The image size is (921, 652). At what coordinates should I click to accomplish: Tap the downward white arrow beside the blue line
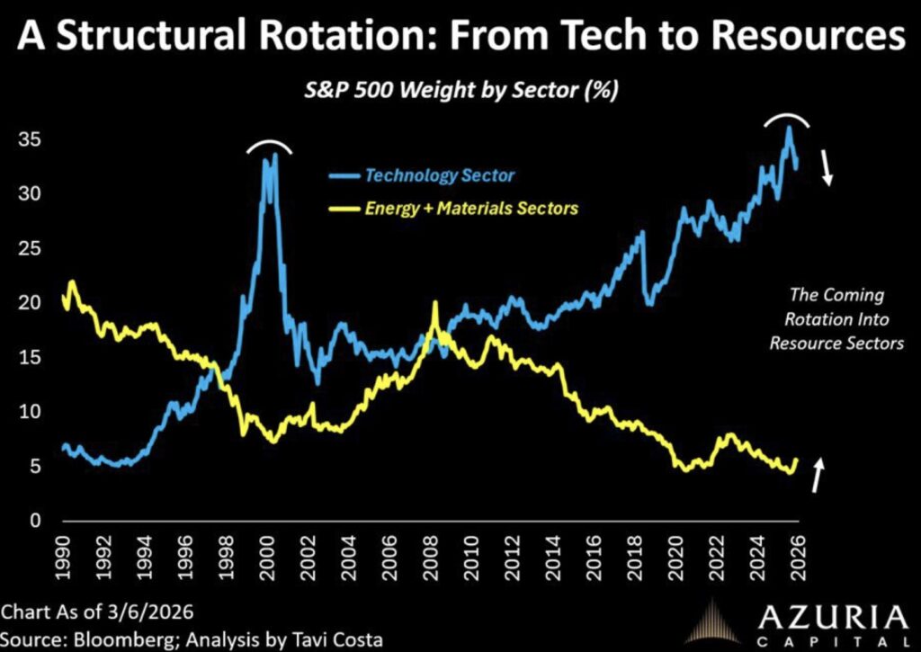[x=827, y=168]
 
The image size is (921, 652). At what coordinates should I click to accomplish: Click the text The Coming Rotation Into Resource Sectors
[x=836, y=319]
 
